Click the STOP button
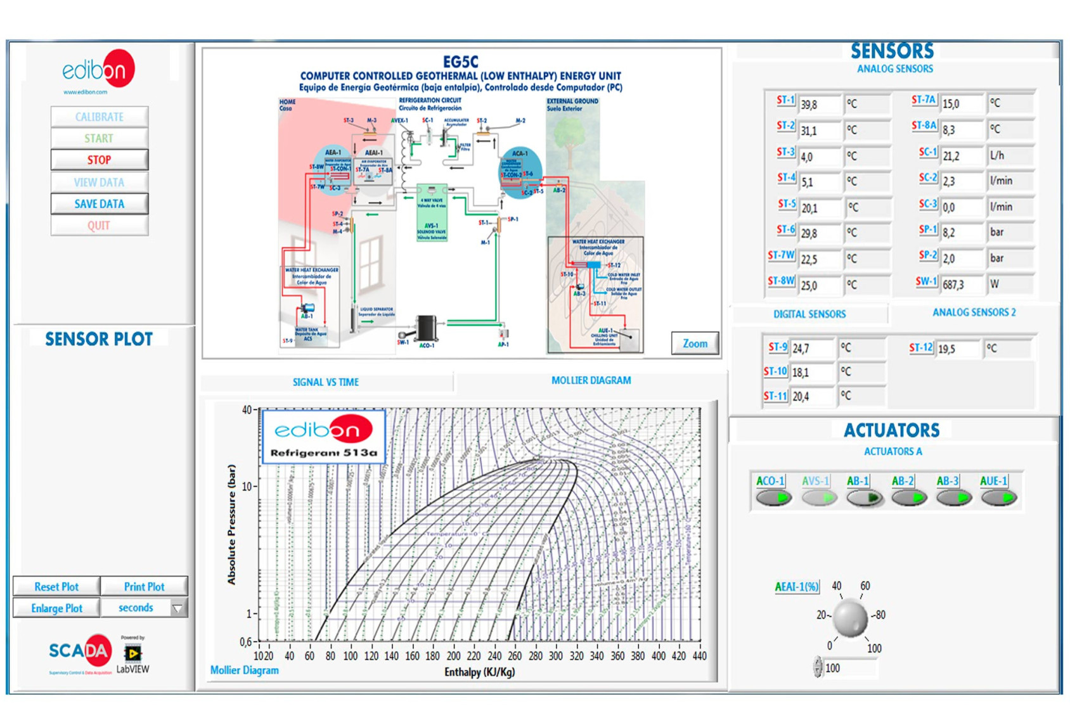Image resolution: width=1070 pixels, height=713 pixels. tap(100, 160)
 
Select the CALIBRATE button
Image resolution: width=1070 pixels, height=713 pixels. tap(100, 117)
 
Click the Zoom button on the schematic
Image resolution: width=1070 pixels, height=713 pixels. tap(695, 344)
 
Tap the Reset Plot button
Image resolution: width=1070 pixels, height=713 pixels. tap(56, 587)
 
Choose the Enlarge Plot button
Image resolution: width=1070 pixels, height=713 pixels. tap(56, 608)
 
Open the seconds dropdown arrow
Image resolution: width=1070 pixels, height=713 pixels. tap(178, 608)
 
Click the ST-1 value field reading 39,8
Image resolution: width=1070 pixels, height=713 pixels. tap(819, 105)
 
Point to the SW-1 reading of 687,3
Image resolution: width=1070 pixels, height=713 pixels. tap(962, 285)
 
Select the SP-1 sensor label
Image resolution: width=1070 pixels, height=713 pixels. tap(927, 231)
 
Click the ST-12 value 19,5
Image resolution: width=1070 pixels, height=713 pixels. tap(957, 349)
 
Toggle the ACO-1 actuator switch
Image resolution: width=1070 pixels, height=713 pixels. tap(774, 498)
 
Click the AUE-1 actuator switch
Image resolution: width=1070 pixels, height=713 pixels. tap(999, 498)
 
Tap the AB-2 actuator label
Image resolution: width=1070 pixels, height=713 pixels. tap(903, 481)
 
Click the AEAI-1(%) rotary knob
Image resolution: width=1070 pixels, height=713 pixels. tap(850, 619)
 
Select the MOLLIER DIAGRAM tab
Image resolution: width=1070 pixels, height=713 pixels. tap(591, 381)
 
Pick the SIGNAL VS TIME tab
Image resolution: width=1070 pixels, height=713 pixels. tap(326, 382)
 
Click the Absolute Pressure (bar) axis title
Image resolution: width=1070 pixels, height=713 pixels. tap(231, 525)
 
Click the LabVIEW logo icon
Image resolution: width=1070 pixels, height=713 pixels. tap(132, 653)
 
